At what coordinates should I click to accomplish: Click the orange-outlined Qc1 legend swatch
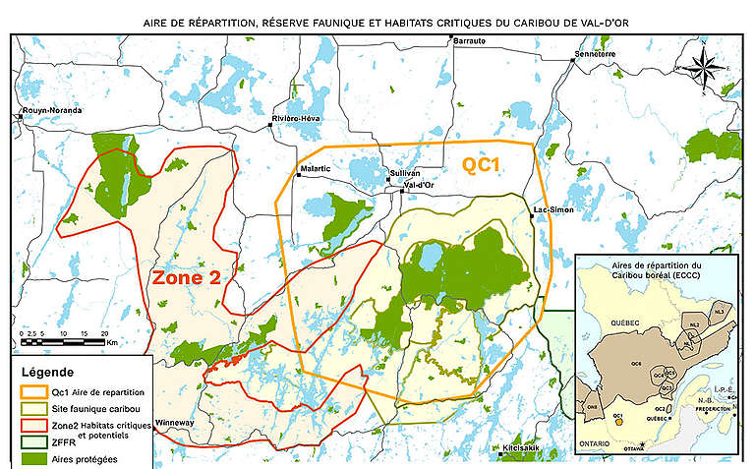click(x=33, y=391)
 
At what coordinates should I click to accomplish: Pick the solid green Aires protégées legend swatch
click(x=33, y=458)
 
